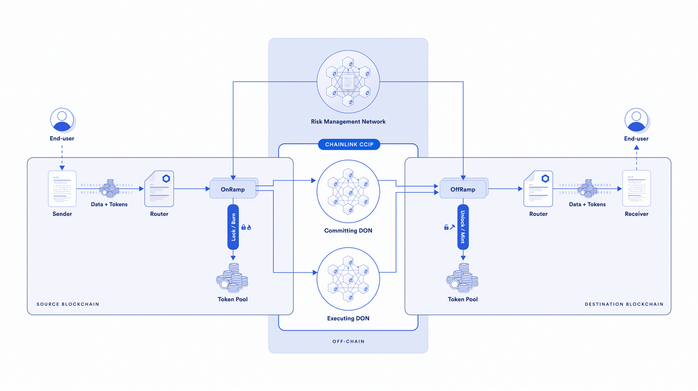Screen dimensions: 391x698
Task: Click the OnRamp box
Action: coord(233,190)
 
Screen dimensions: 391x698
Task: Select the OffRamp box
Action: coord(463,190)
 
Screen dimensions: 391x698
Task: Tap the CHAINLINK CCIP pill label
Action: coord(349,145)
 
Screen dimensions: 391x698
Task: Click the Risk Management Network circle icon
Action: coord(349,81)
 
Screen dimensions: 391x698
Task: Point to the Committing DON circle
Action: coord(349,192)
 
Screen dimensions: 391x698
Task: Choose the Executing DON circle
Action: coord(349,279)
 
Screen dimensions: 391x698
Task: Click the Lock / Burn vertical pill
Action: coord(233,227)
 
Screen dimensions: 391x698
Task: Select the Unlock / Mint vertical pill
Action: coord(463,227)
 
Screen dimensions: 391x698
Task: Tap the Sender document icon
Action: coord(62,189)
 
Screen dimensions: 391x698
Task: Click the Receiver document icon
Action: coord(637,189)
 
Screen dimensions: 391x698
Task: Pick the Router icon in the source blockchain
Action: coord(159,189)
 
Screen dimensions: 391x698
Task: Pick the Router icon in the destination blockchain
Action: coord(538,189)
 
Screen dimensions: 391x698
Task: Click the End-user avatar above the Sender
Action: coord(62,120)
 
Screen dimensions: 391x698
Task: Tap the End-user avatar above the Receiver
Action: coord(637,120)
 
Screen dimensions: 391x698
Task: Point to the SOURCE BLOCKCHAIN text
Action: coord(68,304)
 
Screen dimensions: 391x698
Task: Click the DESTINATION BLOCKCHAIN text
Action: coord(624,304)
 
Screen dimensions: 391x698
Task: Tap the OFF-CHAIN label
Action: coord(349,342)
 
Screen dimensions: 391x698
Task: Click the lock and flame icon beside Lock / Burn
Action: coord(246,227)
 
